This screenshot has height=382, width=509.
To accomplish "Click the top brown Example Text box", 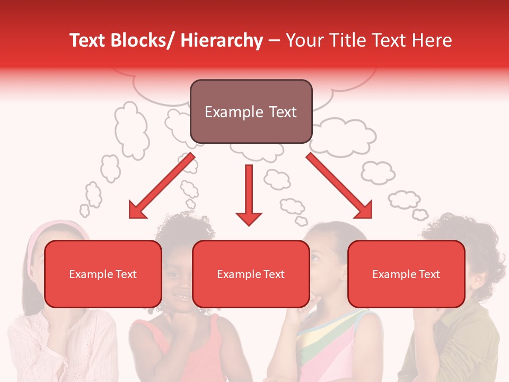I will pos(251,112).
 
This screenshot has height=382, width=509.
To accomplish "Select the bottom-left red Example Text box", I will pos(103,274).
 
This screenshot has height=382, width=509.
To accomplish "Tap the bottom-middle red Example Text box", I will pos(251,274).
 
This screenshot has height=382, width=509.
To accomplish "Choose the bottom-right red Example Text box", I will pos(406,274).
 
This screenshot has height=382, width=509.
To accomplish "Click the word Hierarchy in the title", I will pos(221,40).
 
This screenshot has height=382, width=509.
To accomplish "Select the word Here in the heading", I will pos(432,40).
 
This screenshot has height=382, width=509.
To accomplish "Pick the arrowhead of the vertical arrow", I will pos(249,218).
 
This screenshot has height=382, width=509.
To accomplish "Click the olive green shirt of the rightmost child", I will pos(467,340).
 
